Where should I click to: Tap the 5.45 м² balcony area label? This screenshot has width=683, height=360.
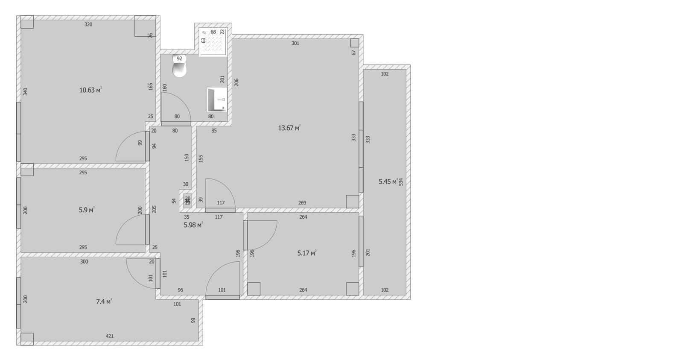pos(388,181)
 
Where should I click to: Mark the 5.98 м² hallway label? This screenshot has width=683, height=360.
pos(193,225)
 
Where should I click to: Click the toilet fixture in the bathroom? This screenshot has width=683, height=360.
pos(180,69)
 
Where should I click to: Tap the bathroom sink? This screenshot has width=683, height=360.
pos(217,100)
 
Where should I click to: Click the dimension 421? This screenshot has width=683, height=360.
pos(110,336)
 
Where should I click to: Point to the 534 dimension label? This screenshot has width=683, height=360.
pos(401,182)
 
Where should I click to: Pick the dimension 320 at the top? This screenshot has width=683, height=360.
pos(88,25)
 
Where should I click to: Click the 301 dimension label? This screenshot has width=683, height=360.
pos(295,43)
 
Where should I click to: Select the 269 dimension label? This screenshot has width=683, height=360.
pos(302,203)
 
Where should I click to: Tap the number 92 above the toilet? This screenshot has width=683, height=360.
pos(179,59)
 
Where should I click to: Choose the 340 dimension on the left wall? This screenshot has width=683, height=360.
pos(25,91)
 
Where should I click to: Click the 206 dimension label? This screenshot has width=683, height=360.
pos(236,82)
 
